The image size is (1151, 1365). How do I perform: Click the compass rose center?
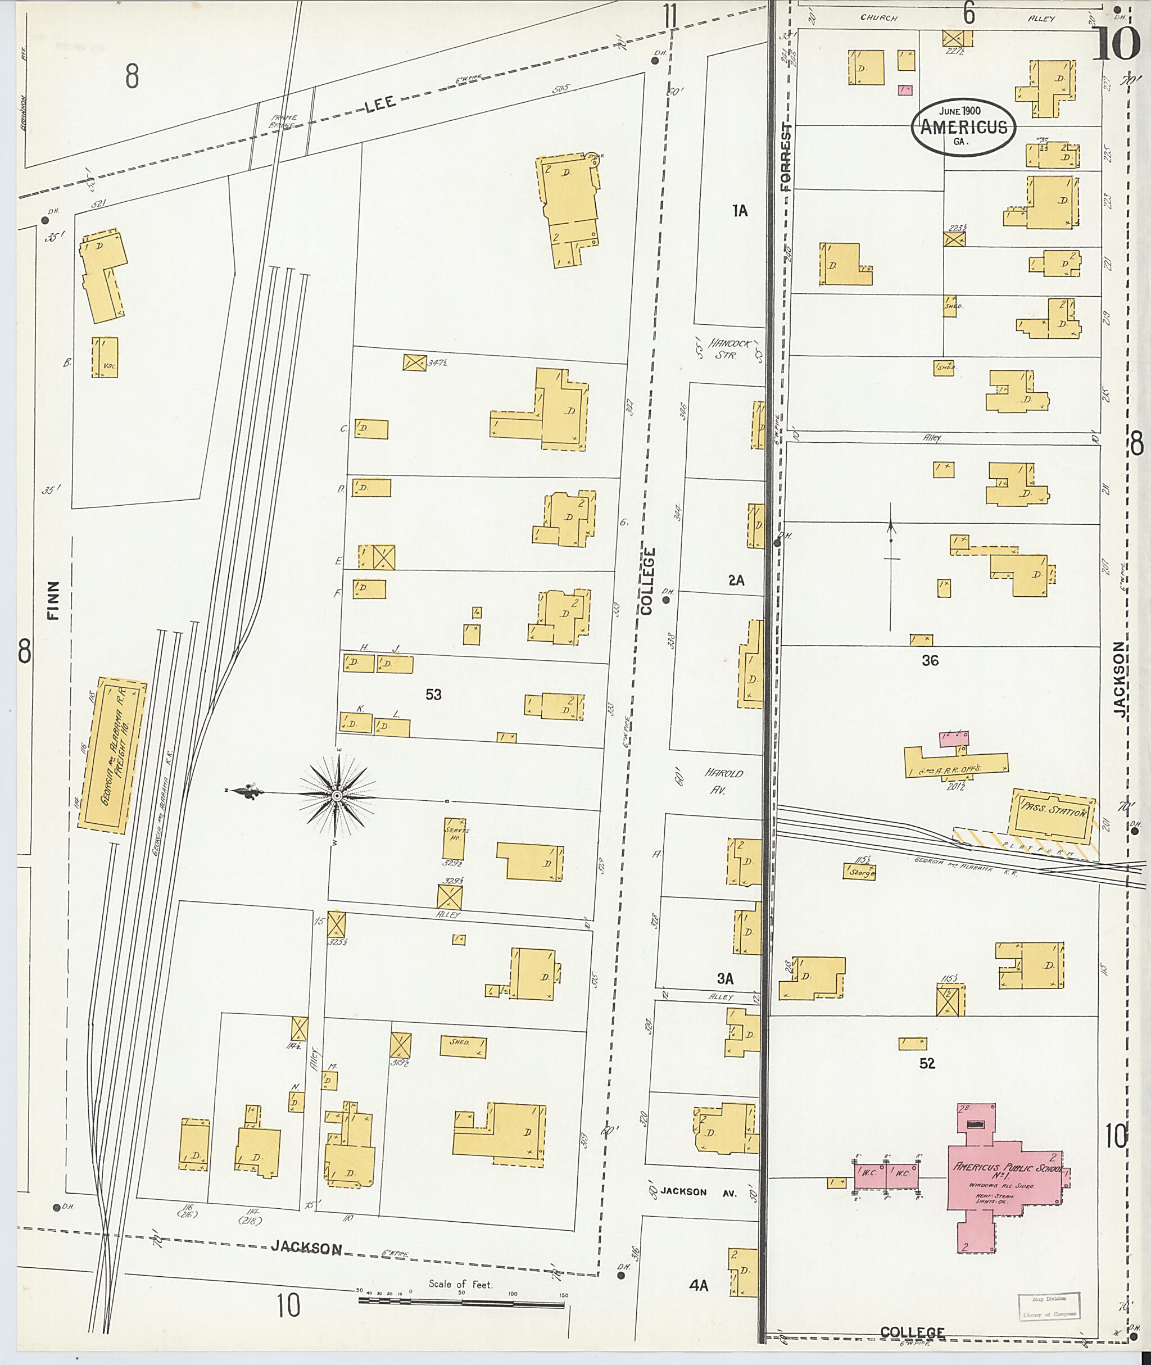pos(337,796)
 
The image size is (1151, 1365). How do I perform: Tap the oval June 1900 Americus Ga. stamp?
pos(963,127)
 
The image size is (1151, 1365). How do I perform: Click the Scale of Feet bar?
pos(461,1304)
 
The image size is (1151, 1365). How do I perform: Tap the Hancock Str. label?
pos(730,348)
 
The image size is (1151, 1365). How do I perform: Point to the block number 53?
pos(433,695)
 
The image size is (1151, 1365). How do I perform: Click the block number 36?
pos(930,660)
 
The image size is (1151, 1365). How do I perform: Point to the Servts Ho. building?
pos(454,838)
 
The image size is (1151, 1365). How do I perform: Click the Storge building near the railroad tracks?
pos(859,872)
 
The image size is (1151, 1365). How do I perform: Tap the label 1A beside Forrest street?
pos(739,210)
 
